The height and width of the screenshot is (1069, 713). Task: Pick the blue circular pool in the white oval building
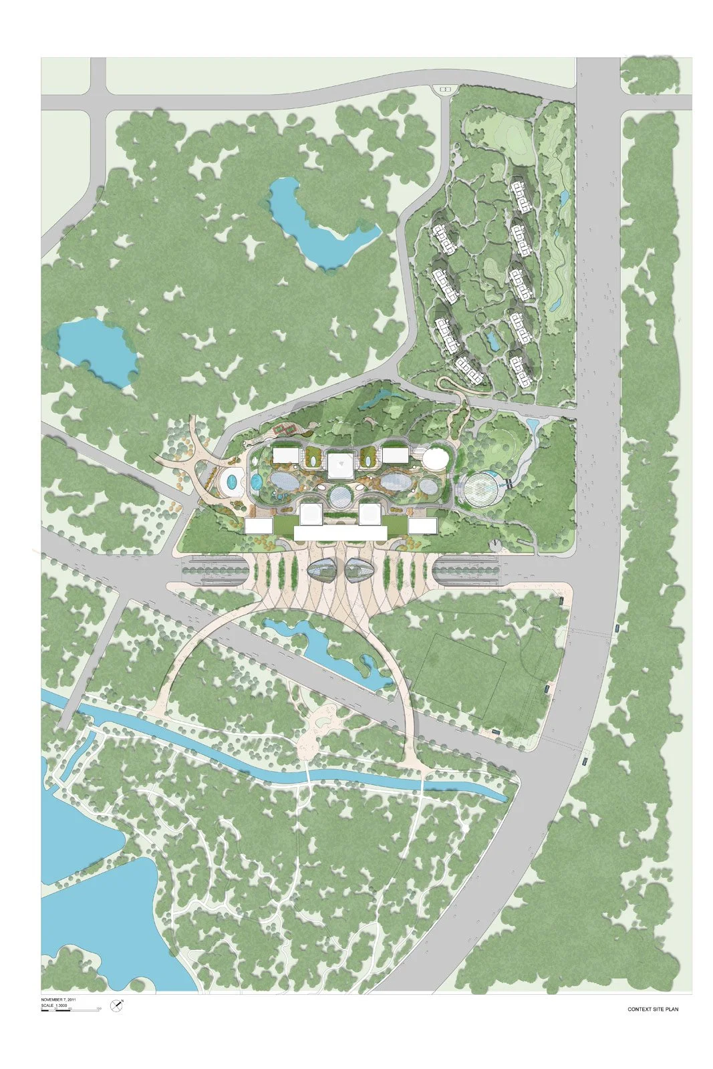point(232,481)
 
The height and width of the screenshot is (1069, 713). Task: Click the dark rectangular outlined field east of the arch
point(460,675)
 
